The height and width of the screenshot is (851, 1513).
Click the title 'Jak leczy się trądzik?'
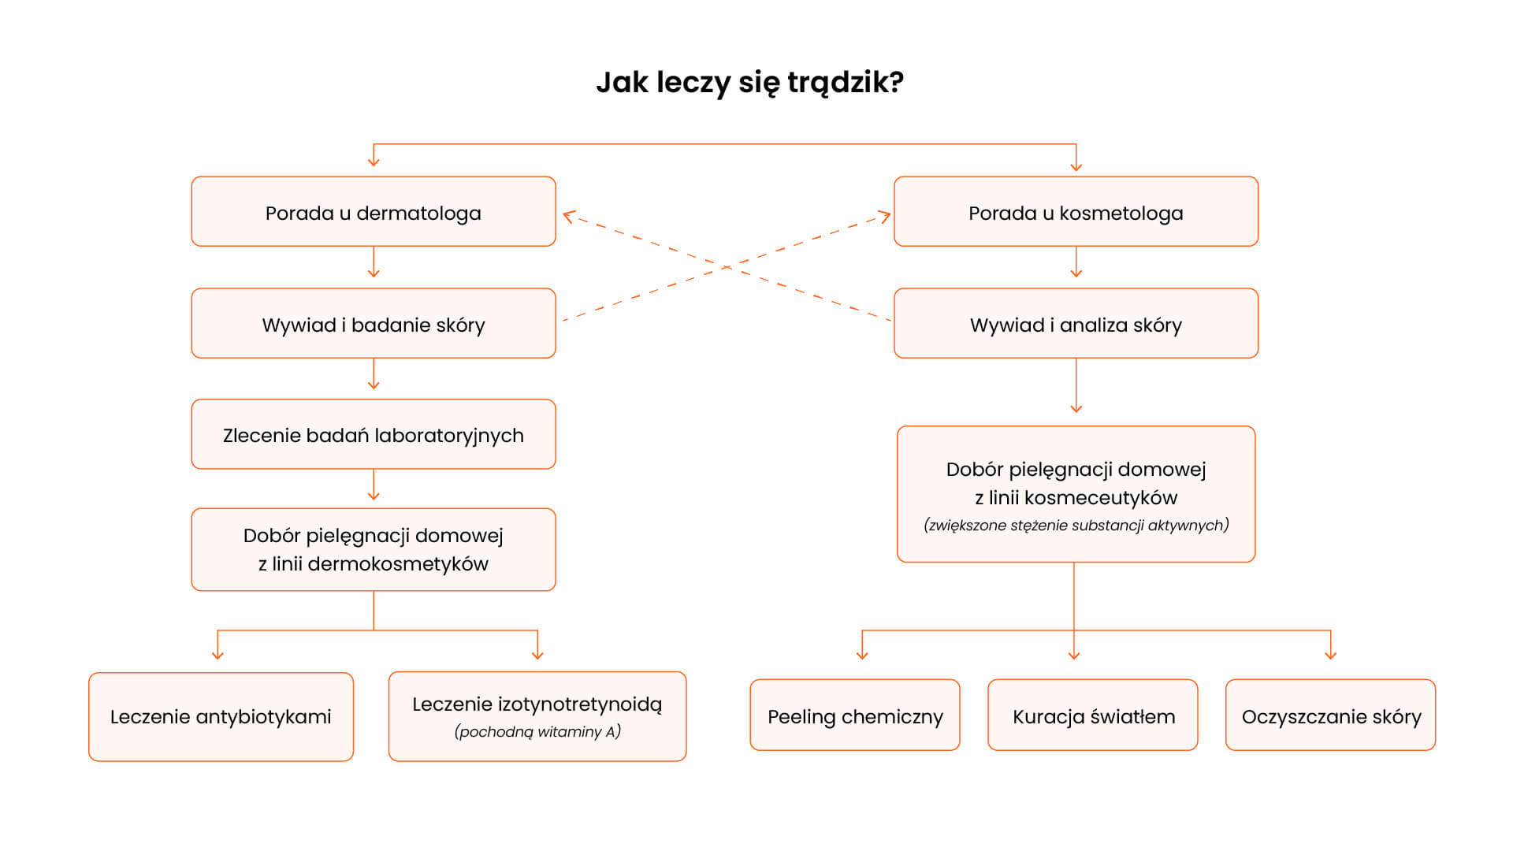tap(749, 83)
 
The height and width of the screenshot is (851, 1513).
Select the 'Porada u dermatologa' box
tap(374, 211)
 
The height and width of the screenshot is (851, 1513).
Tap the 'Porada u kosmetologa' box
tap(1076, 211)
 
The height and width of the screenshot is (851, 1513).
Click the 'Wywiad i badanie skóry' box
tap(374, 323)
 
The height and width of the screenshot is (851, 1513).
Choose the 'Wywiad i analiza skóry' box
tap(1076, 323)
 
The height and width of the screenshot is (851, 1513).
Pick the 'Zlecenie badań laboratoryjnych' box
tap(374, 434)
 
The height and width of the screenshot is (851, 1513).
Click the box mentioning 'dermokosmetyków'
tap(374, 549)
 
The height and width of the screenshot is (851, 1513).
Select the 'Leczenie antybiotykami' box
tap(221, 717)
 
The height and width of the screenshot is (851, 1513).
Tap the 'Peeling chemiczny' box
tap(855, 715)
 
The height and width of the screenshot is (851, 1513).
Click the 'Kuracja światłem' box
tap(1093, 715)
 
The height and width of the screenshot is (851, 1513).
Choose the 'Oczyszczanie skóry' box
tap(1331, 715)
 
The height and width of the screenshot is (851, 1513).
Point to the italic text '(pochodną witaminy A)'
tap(537, 732)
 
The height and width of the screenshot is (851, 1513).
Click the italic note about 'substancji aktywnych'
tap(1076, 526)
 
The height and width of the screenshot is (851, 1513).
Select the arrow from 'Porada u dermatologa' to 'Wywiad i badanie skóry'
tap(374, 262)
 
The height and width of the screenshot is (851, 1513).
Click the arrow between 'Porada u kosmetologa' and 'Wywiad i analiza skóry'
tap(1076, 262)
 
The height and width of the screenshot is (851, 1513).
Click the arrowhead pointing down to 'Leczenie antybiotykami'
tap(217, 655)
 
